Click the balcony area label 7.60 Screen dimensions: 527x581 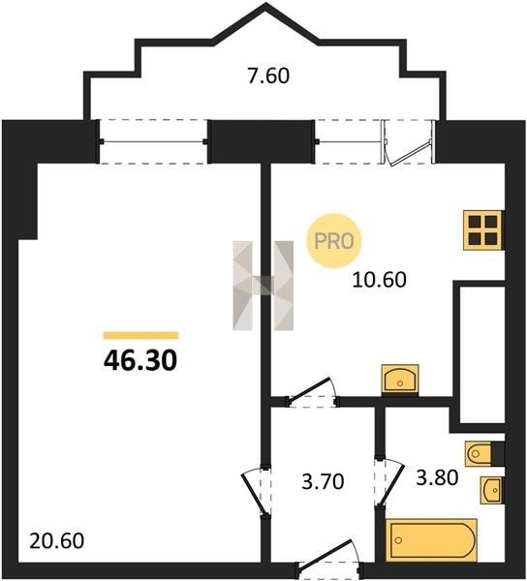pyautogui.click(x=268, y=76)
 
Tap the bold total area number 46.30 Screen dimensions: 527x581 pyautogui.click(x=140, y=360)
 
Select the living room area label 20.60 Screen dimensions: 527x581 pyautogui.click(x=57, y=540)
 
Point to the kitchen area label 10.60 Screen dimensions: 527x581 pyautogui.click(x=379, y=280)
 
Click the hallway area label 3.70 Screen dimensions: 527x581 pyautogui.click(x=324, y=481)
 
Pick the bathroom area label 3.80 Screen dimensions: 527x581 pyautogui.click(x=437, y=477)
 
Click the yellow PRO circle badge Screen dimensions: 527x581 pyautogui.click(x=334, y=241)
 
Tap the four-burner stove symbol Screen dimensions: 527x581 pyautogui.click(x=483, y=230)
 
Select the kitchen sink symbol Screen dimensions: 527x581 pyautogui.click(x=400, y=380)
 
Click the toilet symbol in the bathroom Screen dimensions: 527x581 pyautogui.click(x=484, y=453)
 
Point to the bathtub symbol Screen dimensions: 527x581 pyautogui.click(x=431, y=539)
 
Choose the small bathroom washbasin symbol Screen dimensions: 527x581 pyautogui.click(x=492, y=490)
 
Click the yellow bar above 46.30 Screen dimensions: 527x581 pyautogui.click(x=140, y=335)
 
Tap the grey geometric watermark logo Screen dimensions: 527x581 pyautogui.click(x=263, y=286)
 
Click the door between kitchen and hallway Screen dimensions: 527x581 pyautogui.click(x=312, y=393)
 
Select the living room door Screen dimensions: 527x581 pyautogui.click(x=256, y=491)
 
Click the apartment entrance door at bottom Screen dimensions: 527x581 pyautogui.click(x=329, y=560)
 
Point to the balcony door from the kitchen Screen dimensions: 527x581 pyautogui.click(x=408, y=141)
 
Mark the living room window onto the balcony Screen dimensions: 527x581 pyautogui.click(x=153, y=141)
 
